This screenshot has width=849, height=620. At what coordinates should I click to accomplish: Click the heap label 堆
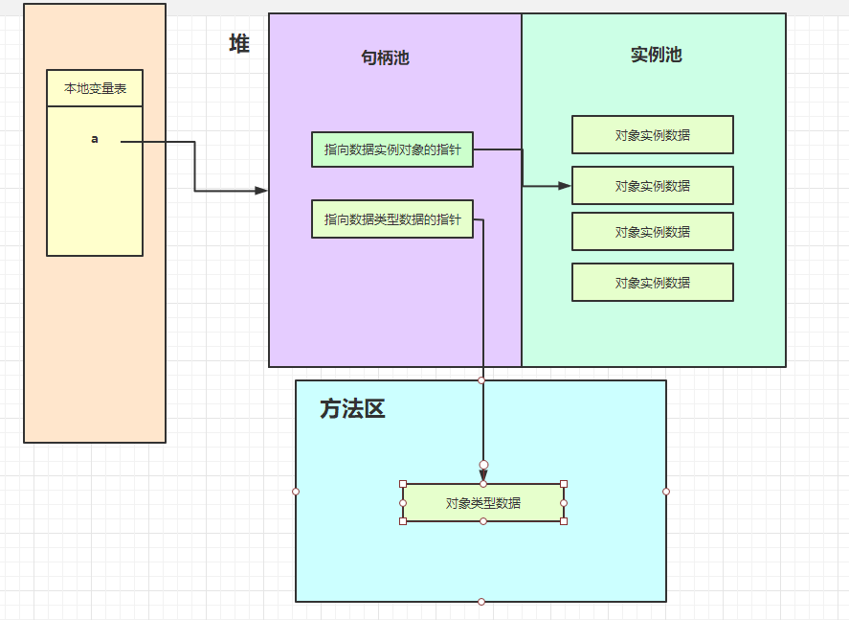(238, 43)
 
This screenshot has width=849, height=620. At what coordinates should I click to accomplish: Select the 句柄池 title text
(385, 57)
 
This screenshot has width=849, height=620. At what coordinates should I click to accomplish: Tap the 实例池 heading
(656, 55)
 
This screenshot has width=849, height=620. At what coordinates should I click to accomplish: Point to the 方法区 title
(352, 409)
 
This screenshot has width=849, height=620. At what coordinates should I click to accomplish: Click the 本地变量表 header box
(95, 88)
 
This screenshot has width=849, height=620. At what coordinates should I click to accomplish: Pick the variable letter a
(95, 139)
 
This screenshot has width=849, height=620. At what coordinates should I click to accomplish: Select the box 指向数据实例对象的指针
(392, 149)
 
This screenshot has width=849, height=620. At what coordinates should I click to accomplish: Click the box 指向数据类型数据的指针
(392, 219)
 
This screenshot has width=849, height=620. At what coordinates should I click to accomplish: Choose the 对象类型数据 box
(482, 503)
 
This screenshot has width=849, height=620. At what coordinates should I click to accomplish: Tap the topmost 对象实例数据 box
(653, 135)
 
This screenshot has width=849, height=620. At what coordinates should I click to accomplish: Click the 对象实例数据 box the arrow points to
(653, 186)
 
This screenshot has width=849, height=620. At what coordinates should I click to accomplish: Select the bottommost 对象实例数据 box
(653, 283)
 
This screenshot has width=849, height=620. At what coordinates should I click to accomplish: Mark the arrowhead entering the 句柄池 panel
(261, 191)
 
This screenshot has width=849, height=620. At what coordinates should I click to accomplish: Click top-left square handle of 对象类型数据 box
(403, 484)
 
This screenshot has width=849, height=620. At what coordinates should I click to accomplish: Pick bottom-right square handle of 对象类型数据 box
(564, 521)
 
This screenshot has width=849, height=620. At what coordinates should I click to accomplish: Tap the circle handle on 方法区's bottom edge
(481, 602)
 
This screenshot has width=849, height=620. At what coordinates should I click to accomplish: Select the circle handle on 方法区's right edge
(666, 492)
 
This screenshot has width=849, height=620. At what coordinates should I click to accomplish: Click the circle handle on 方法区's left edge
(296, 492)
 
